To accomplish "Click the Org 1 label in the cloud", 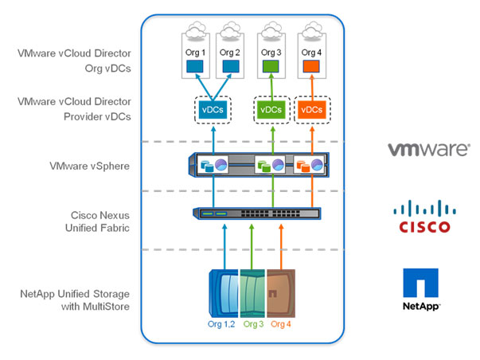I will pos(195,53).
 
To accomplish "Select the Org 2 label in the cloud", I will pos(229,53).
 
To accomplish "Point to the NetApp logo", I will pos(421,288).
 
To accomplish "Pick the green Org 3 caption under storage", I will pos(253,324).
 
